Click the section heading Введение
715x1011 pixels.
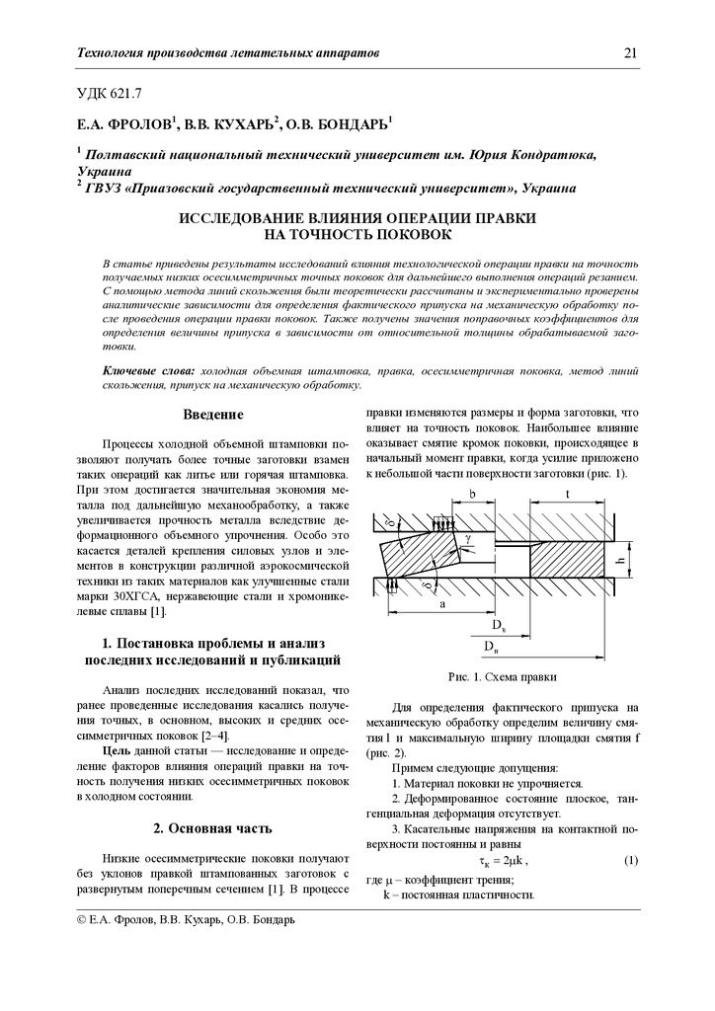[x=212, y=415]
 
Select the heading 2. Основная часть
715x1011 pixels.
[x=212, y=827]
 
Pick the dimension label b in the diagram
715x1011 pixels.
[x=473, y=494]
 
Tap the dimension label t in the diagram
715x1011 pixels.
[x=568, y=494]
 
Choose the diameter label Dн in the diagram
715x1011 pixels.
[x=491, y=645]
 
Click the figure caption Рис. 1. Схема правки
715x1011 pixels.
[x=502, y=677]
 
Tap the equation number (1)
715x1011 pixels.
[x=630, y=861]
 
